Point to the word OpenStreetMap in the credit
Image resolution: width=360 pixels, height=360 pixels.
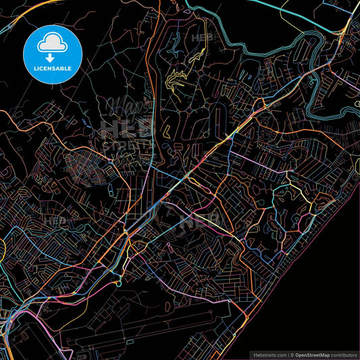[313, 353]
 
